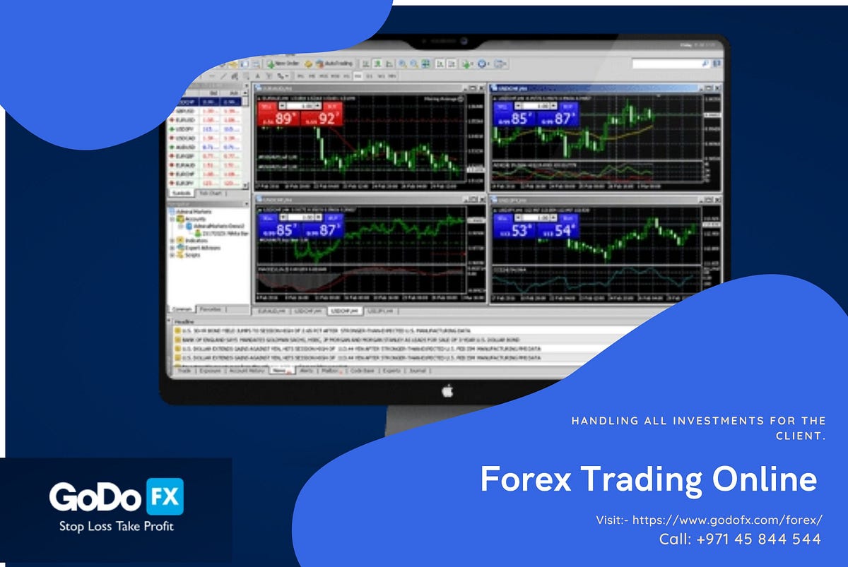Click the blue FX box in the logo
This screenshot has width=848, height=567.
coord(165,496)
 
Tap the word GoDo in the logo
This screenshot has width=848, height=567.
coord(96,497)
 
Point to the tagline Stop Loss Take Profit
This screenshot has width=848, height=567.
coord(117,526)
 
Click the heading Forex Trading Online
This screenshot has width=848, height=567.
coord(648,479)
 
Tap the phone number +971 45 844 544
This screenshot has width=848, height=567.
coord(740,539)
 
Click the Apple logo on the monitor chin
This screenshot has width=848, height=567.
coord(447,390)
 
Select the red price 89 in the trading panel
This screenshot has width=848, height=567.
coord(283,119)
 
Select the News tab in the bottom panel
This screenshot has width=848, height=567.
coord(281,370)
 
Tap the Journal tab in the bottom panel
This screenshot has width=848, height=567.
coord(417,370)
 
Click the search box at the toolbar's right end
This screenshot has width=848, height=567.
coord(670,64)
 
